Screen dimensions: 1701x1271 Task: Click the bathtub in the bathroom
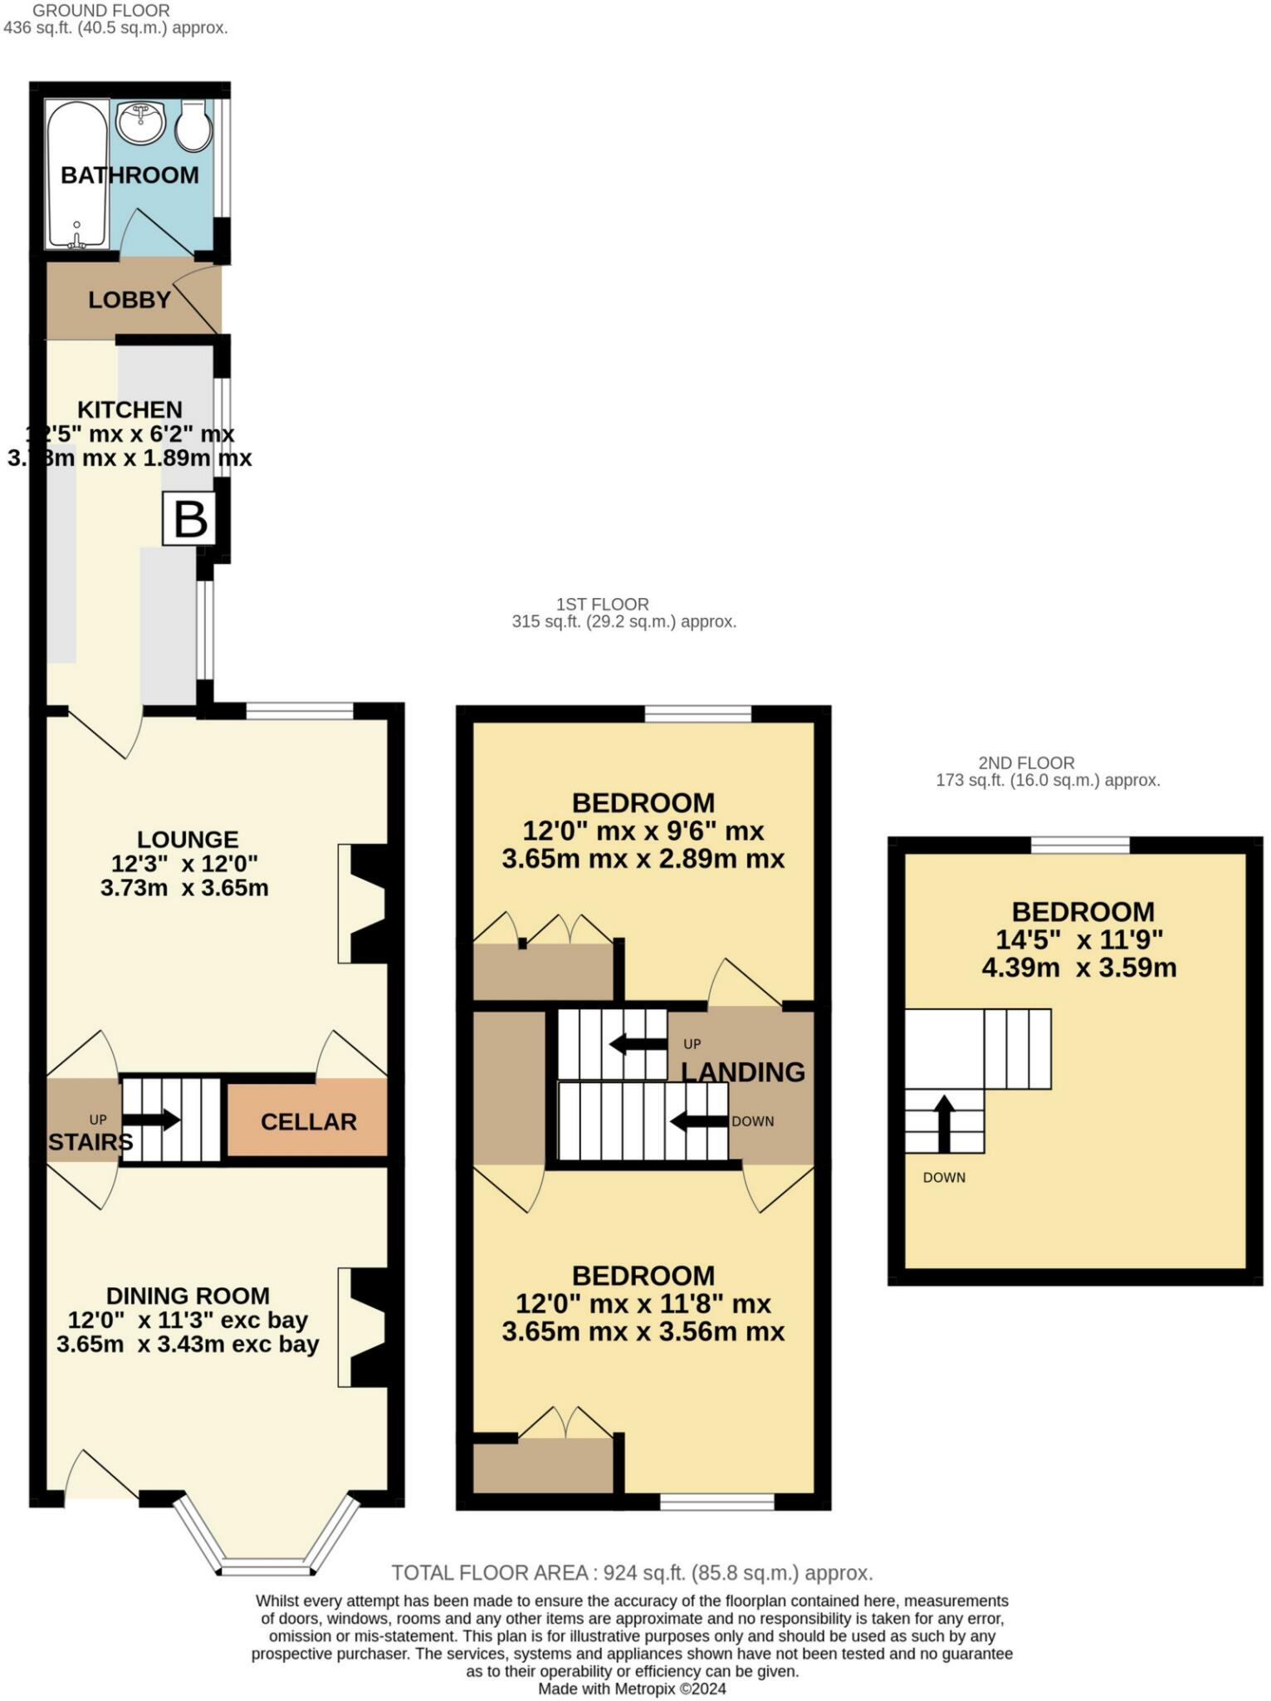tap(77, 174)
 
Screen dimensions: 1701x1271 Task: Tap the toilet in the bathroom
tap(194, 126)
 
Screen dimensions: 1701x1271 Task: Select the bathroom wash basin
tap(140, 123)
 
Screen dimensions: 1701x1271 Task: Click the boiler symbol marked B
tap(189, 519)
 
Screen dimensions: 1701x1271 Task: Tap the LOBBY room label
tap(130, 300)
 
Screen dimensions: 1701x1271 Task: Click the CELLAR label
tap(308, 1122)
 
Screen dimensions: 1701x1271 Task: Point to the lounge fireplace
tap(363, 904)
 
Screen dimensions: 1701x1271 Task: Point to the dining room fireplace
tap(363, 1327)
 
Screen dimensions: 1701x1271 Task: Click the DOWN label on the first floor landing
tap(752, 1121)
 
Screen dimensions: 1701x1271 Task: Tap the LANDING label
tap(743, 1072)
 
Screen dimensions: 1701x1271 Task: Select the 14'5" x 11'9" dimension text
tap(1079, 939)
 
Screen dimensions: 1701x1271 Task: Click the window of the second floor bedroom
tap(1080, 845)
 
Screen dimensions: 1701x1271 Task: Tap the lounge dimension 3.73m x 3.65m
tap(184, 888)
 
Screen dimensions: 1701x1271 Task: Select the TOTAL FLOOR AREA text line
tap(632, 1573)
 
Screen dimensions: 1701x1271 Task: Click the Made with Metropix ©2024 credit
tap(632, 1689)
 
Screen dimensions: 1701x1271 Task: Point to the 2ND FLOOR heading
tap(1026, 762)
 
